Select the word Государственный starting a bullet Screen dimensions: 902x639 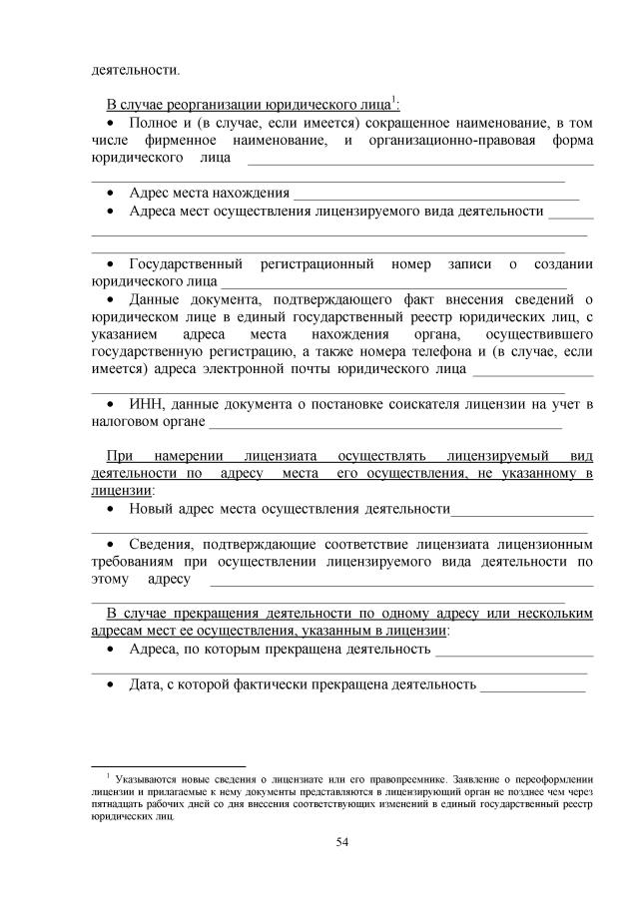[x=187, y=263]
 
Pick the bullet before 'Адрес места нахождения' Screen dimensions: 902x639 [x=112, y=193]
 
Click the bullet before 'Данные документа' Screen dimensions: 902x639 [x=112, y=298]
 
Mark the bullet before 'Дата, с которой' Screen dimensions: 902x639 [x=112, y=685]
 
